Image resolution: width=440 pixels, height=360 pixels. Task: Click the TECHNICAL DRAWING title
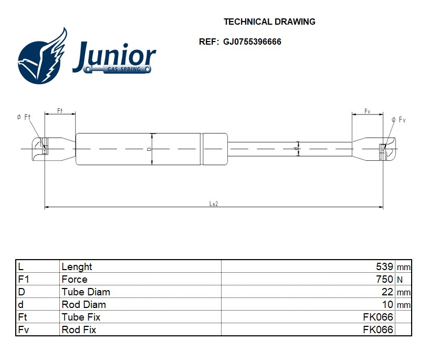tap(269, 22)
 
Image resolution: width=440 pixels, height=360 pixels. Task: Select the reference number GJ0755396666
tap(252, 42)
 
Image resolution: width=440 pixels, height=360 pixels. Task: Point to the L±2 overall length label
tap(214, 203)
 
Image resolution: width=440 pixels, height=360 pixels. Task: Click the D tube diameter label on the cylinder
tap(149, 149)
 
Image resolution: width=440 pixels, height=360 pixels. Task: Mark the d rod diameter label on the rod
tap(296, 149)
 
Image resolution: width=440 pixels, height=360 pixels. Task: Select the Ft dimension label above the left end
tap(60, 111)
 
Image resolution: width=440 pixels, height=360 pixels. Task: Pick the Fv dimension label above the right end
tap(368, 111)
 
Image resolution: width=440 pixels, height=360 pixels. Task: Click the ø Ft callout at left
tap(24, 117)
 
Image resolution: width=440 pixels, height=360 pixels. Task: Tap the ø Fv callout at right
tap(399, 120)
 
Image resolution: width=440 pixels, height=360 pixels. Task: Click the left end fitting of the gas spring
tap(53, 149)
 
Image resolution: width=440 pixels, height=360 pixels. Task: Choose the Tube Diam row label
tap(86, 292)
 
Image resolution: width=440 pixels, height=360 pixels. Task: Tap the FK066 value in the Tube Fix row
tap(378, 317)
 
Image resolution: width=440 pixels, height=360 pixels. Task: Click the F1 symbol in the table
tap(23, 280)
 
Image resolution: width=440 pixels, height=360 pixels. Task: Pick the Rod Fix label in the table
tap(79, 330)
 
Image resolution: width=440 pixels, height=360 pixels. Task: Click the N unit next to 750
tap(400, 280)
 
